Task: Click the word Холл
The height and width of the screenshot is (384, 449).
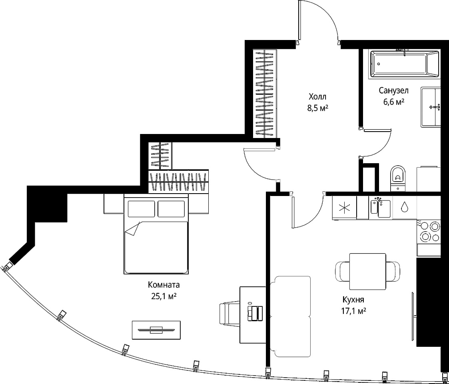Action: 317,96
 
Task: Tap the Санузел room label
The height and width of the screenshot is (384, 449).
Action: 394,91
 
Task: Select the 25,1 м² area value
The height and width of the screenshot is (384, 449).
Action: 164,296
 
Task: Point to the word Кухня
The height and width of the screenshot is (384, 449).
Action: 353,300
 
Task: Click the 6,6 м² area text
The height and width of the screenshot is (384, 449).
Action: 394,102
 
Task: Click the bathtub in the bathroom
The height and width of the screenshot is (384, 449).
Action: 405,64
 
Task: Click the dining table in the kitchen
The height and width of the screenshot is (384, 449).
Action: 368,271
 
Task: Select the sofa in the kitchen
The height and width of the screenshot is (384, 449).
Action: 290,316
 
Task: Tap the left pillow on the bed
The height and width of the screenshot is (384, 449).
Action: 141,209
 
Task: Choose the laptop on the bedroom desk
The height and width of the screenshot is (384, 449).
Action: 255,313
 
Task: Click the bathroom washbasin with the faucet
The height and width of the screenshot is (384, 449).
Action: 431,107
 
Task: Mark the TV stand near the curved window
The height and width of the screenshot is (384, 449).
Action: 156,330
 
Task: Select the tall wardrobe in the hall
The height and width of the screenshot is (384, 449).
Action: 265,94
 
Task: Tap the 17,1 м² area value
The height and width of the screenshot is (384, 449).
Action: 354,311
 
